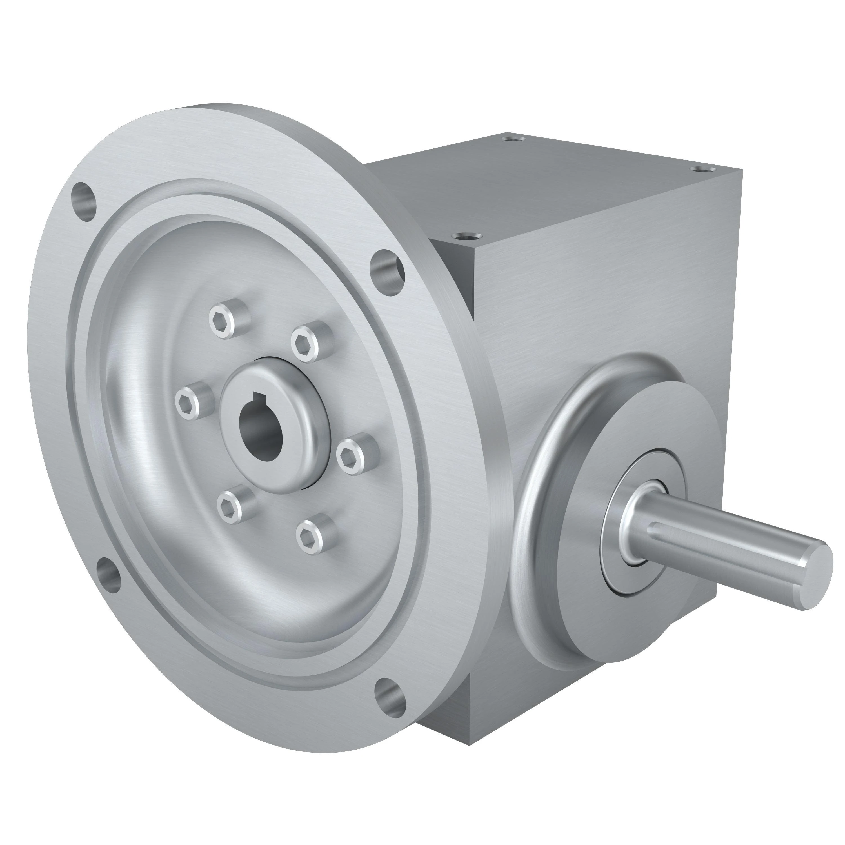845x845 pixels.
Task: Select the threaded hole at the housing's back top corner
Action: pos(514,139)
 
